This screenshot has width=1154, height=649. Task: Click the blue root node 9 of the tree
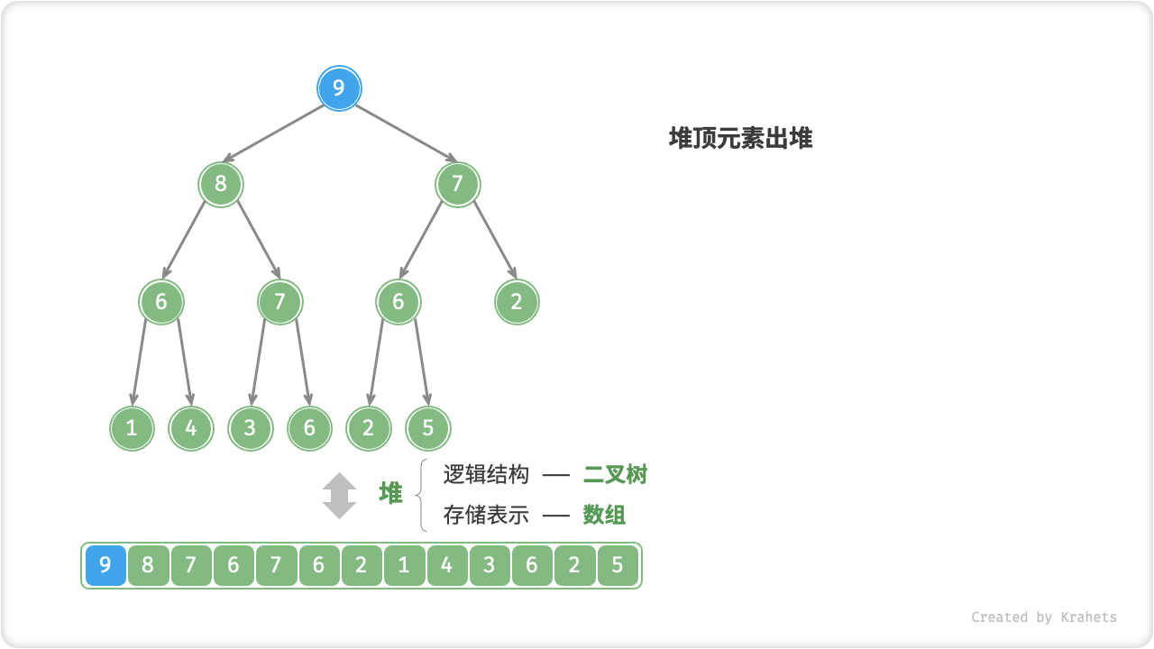[x=339, y=88]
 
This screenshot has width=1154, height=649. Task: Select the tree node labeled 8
[x=221, y=185]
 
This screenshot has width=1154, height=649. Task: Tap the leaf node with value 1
[x=133, y=428]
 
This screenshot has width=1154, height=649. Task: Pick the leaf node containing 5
[x=427, y=428]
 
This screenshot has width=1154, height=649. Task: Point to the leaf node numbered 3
[x=250, y=428]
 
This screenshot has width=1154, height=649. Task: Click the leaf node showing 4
[x=191, y=428]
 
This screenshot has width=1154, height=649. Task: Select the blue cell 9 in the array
[x=105, y=566]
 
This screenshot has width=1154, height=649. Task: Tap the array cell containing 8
[x=148, y=566]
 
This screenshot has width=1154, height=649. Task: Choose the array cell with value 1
[x=404, y=566]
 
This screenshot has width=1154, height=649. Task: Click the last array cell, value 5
[x=618, y=566]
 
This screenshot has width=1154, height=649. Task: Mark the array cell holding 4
[x=447, y=566]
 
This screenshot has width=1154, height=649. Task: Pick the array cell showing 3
[x=490, y=566]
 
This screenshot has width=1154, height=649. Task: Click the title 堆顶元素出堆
[x=740, y=138]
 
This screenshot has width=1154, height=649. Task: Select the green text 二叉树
[x=615, y=474]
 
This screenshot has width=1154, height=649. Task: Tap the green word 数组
[x=604, y=515]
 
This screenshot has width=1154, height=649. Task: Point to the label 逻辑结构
[x=486, y=474]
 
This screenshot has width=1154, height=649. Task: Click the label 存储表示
[x=486, y=515]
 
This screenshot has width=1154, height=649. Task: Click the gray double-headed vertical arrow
[x=340, y=495]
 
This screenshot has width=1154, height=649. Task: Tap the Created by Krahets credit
[x=1043, y=617]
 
